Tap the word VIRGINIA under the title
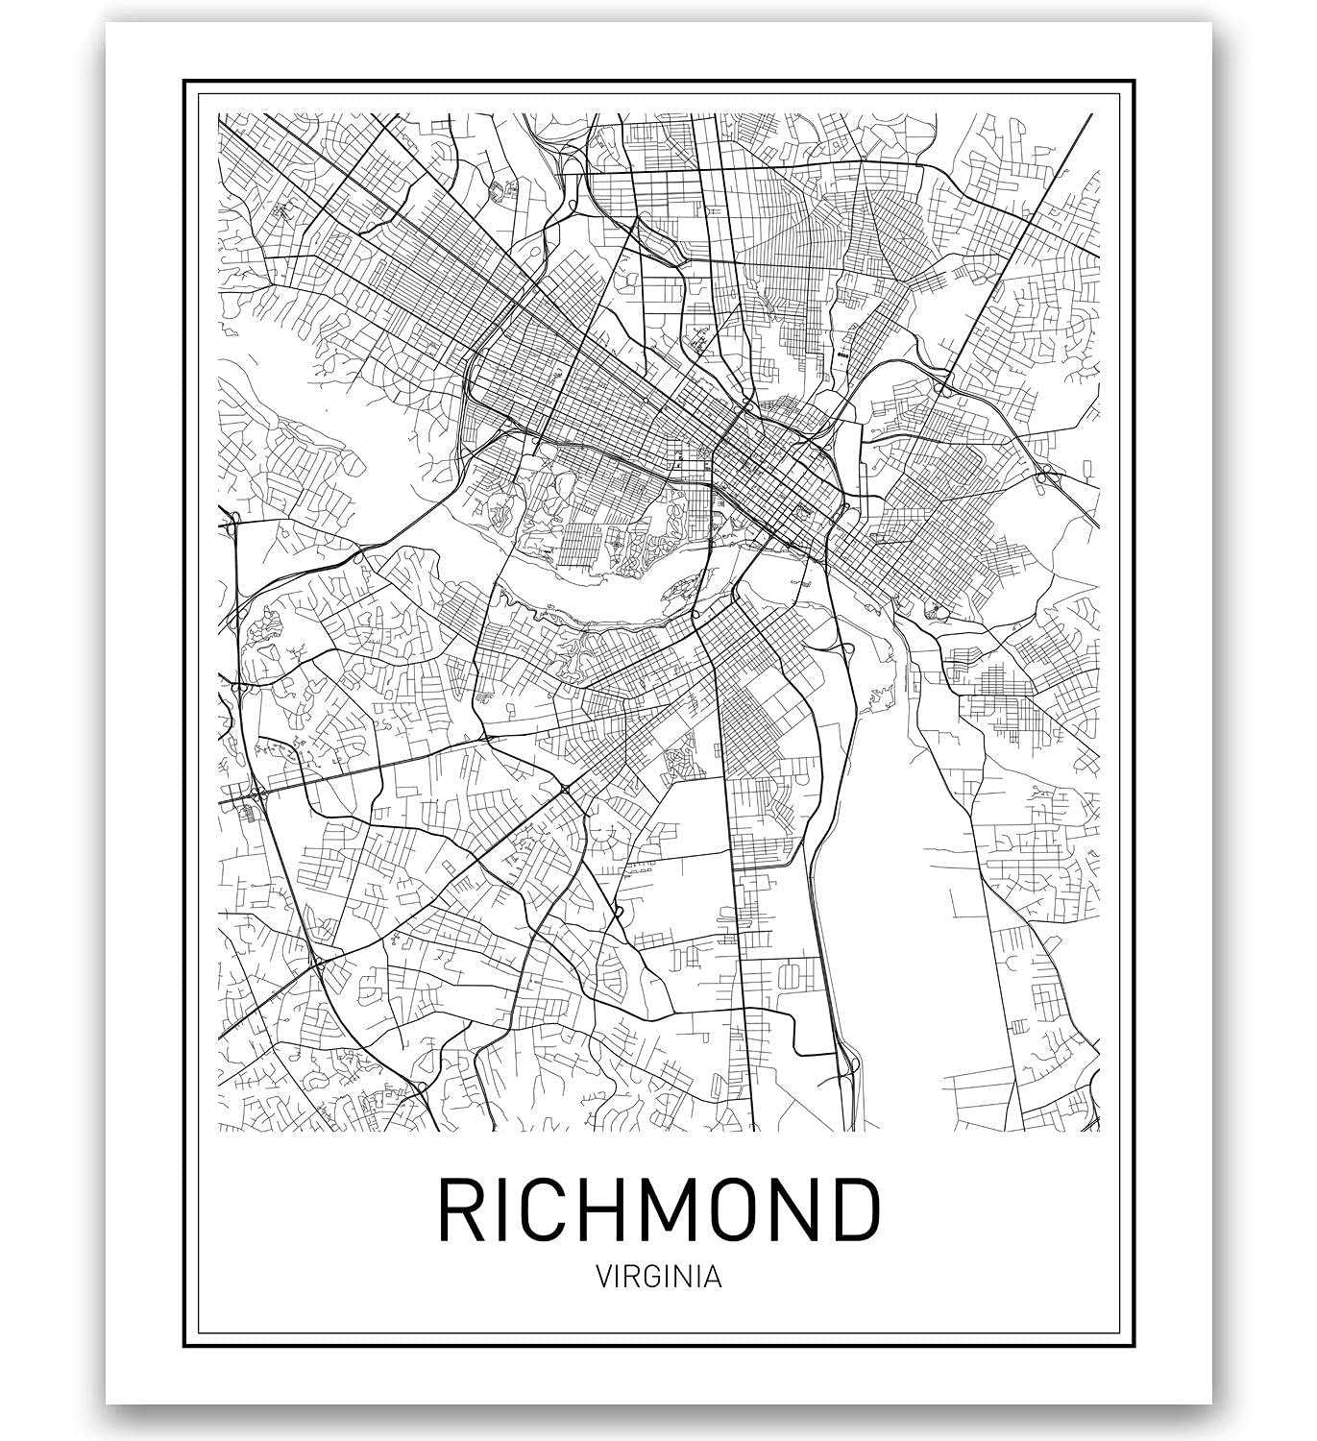[659, 1278]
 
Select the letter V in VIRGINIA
[603, 1278]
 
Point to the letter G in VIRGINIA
[653, 1278]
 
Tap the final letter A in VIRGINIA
[714, 1278]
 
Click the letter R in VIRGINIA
[633, 1278]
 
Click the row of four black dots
[844, 354]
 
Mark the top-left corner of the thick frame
[184, 79]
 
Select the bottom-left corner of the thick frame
[184, 1346]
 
